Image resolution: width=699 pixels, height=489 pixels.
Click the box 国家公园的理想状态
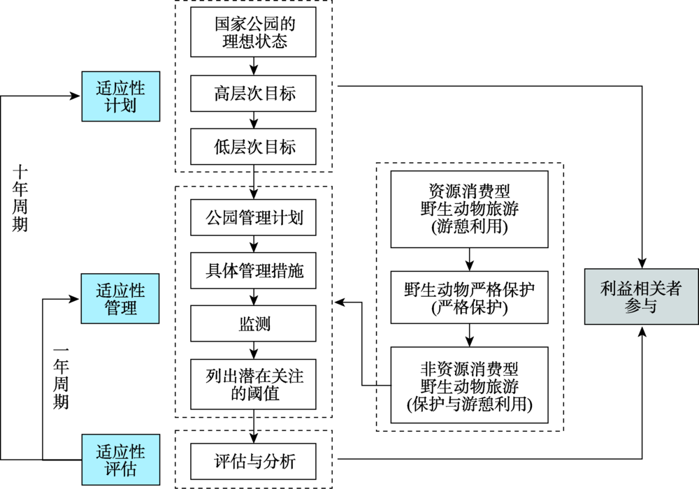point(253,32)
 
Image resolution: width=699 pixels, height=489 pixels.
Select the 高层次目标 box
point(253,94)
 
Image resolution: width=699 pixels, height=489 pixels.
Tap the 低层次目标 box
point(253,147)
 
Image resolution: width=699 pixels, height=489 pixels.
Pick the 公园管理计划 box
point(253,217)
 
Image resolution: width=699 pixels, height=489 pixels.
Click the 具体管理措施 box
point(253,270)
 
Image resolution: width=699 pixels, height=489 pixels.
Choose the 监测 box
point(253,323)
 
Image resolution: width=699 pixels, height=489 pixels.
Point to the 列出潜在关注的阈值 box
point(253,384)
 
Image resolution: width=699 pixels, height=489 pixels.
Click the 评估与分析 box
point(253,461)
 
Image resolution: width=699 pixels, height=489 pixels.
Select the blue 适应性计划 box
point(121,96)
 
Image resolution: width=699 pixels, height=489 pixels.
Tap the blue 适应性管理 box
point(120,298)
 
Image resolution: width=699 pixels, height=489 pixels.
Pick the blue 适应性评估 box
point(121,460)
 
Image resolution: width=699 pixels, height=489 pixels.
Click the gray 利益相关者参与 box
point(642,297)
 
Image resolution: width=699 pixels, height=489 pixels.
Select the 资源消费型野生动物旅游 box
point(470,210)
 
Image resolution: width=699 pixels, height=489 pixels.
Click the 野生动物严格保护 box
point(470,298)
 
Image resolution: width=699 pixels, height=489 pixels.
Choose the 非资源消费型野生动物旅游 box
point(470,385)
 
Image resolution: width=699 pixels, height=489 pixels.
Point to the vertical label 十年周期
point(20,198)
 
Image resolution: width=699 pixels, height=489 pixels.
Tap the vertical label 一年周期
point(61,378)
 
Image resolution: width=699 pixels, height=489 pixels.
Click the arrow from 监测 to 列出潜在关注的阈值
point(254,351)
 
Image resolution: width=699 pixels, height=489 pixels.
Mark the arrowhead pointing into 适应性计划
point(75,96)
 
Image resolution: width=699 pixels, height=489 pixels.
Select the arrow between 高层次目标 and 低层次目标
point(254,120)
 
